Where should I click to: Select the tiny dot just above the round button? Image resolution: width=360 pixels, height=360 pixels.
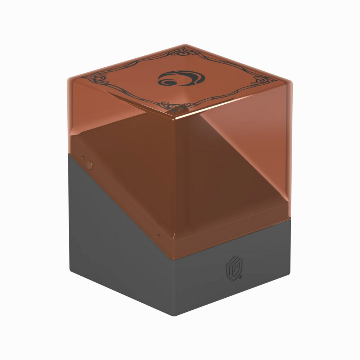point(83,158)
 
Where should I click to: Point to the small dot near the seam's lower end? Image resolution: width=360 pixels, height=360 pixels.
point(158,236)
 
